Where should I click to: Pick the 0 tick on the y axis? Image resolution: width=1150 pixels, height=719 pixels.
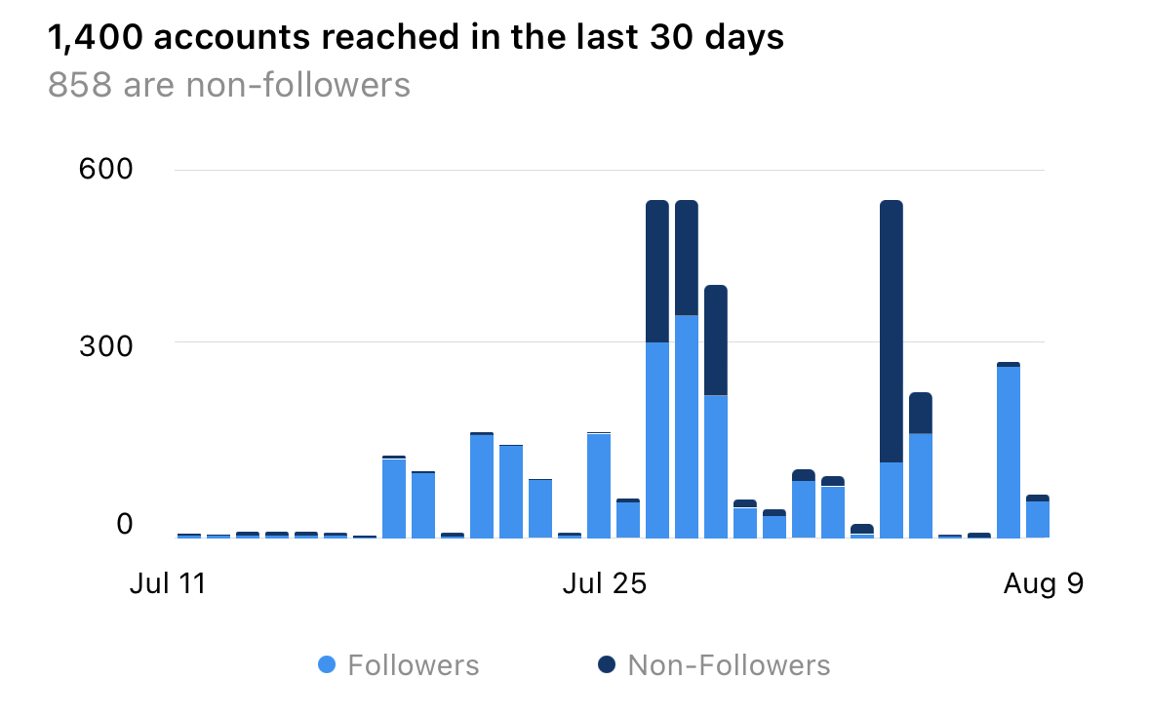125,524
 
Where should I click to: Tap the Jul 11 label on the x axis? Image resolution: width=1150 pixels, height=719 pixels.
169,584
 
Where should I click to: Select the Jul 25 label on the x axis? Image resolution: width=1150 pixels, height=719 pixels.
606,584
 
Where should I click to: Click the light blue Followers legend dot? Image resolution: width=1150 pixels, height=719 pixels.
328,665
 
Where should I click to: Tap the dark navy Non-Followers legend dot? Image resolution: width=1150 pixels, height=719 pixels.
608,665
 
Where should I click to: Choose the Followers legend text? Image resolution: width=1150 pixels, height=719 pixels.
414,665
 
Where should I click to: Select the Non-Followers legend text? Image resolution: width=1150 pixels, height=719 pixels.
729,665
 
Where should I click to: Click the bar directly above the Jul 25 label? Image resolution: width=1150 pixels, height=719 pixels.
599,485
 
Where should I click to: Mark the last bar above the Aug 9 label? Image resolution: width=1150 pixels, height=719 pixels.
1038,517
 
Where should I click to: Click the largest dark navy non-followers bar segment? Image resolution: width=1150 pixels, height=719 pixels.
892,332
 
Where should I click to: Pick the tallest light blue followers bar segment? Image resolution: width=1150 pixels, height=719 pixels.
687,426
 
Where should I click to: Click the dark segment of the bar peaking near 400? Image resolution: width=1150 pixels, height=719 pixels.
716,340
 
